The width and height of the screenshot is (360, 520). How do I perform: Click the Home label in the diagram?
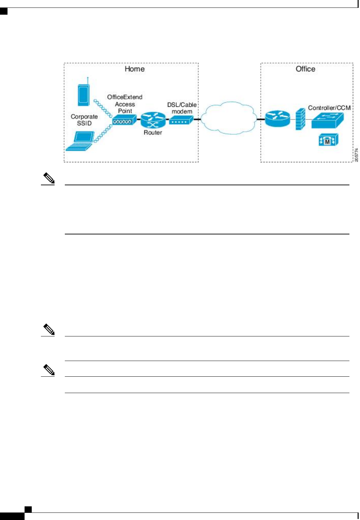coord(134,69)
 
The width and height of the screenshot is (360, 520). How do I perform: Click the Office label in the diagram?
coord(305,69)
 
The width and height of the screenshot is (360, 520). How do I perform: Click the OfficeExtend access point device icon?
coord(124,120)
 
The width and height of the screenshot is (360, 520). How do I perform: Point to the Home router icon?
coord(153,120)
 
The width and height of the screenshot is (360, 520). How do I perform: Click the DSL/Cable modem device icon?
coord(181,120)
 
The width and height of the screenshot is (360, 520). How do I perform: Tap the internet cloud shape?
coord(229,118)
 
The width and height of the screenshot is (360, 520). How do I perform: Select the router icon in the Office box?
coord(277,119)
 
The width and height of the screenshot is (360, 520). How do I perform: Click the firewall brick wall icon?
coord(300,119)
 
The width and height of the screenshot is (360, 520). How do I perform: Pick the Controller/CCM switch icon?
coord(327,120)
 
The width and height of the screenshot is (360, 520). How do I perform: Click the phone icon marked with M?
coord(328,140)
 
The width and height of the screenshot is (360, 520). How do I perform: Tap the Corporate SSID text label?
coord(84,120)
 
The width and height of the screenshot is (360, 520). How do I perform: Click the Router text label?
coord(153,132)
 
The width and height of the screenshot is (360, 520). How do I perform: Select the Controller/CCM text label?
coord(329,108)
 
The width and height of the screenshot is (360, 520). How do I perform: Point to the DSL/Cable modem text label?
coord(182,108)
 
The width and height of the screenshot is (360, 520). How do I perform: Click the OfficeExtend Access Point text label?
coord(125,104)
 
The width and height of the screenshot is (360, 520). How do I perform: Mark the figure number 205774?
coord(356,155)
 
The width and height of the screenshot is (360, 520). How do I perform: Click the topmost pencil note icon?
coord(48,178)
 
